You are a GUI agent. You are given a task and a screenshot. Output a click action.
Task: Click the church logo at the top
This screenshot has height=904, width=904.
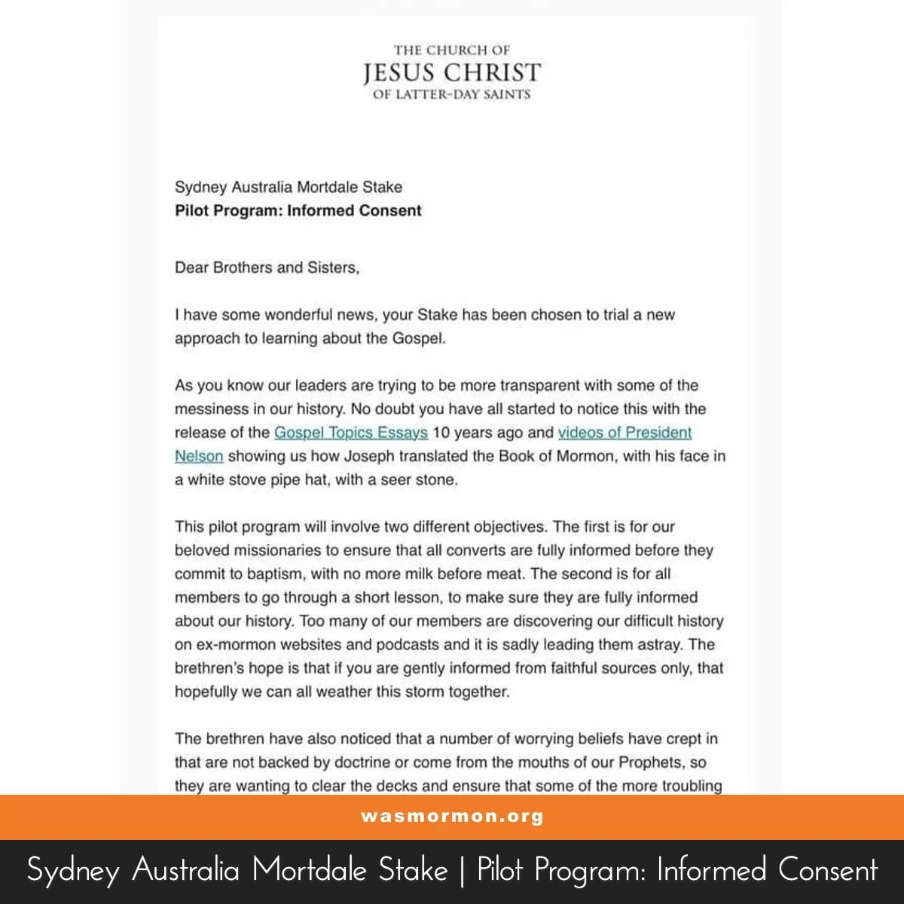(x=452, y=72)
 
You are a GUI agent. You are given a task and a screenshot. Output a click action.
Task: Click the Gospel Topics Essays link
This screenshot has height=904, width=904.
(x=351, y=432)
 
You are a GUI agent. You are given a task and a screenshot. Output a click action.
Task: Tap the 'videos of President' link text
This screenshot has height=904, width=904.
(x=625, y=432)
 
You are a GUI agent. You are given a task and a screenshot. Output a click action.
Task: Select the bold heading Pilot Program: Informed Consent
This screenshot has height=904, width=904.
(x=298, y=211)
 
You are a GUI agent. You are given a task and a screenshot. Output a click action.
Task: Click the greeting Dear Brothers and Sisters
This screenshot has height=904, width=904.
(x=267, y=267)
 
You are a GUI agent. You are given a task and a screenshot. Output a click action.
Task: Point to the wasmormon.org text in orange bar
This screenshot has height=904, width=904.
(x=452, y=817)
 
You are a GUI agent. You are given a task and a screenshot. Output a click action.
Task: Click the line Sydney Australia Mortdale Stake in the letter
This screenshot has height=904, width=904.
(x=289, y=187)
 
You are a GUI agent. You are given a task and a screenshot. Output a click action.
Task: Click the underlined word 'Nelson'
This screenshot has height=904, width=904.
(x=199, y=457)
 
